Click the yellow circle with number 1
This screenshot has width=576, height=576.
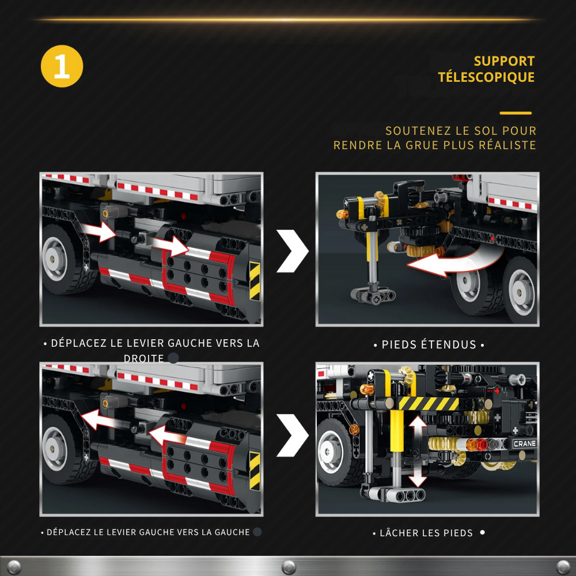[x=62, y=66]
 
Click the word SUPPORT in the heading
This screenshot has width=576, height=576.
[x=504, y=61]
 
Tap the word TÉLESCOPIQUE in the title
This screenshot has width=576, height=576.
[x=486, y=77]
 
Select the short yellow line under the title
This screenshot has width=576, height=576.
[x=516, y=113]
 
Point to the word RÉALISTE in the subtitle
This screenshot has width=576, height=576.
[x=506, y=145]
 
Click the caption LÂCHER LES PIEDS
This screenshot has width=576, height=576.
[x=426, y=533]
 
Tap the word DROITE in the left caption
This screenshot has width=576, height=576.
[x=144, y=358]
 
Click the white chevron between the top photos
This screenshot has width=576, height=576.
[x=292, y=251]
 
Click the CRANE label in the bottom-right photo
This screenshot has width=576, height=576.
[x=524, y=444]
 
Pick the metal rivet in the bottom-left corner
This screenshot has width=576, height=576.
[x=14, y=566]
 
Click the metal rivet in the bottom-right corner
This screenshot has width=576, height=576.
[x=563, y=566]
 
